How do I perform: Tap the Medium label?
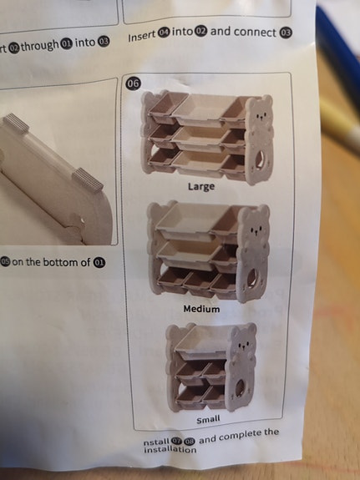201,309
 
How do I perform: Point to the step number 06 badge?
133,83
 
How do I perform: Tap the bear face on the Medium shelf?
253,225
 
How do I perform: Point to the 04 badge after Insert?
165,36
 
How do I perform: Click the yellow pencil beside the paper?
338,125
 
